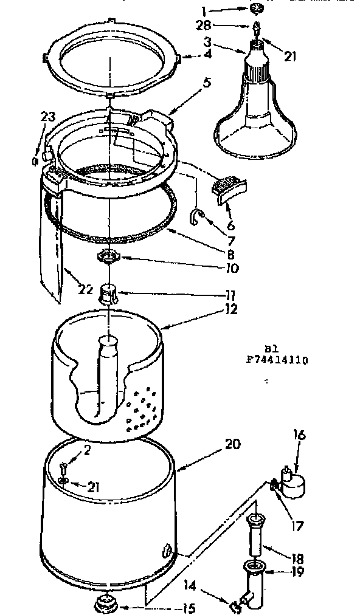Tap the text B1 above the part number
271,349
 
